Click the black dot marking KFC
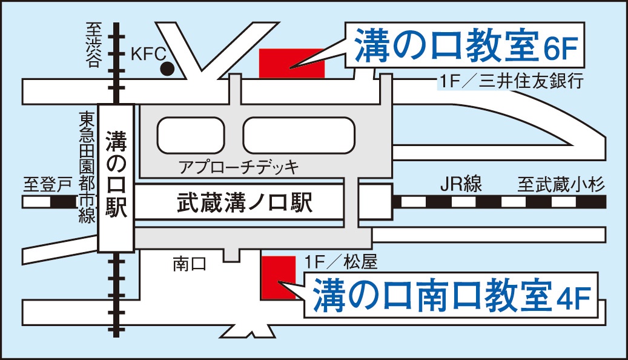167,70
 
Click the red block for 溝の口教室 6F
291,64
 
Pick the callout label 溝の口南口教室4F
452,296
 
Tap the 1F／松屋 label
342,262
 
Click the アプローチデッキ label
239,166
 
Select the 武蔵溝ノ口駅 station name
244,202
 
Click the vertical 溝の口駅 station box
115,178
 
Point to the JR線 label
461,184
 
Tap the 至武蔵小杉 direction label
561,184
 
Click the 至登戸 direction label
47,184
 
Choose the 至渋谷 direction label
92,45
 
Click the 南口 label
190,264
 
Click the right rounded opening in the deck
299,135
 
